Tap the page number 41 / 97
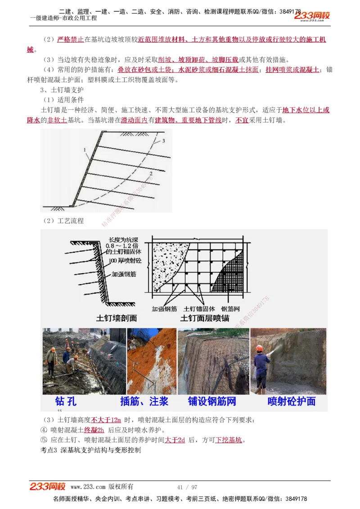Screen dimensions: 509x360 click(x=187, y=487)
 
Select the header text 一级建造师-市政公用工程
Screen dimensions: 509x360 click(x=63, y=18)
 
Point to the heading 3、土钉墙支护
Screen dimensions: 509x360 click(x=62, y=90)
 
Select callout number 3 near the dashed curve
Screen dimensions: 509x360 click(x=164, y=141)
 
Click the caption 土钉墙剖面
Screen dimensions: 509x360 click(x=117, y=318)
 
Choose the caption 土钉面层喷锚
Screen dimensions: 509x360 click(x=205, y=318)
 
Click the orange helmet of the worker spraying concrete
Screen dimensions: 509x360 click(x=259, y=348)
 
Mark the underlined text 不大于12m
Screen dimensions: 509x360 click(x=106, y=420)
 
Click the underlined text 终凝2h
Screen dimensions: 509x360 click(x=94, y=430)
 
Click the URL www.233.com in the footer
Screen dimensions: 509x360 click(x=88, y=487)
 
